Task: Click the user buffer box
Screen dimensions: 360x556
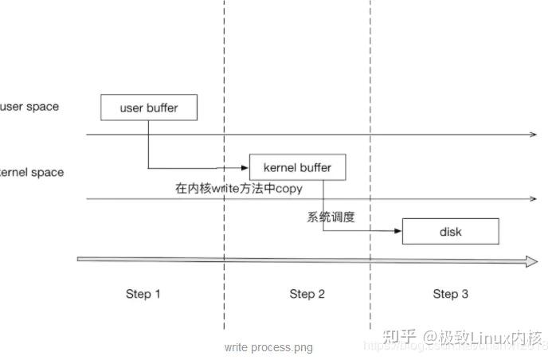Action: (148, 108)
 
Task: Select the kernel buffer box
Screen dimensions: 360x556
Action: (297, 167)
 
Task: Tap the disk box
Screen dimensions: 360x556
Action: (450, 232)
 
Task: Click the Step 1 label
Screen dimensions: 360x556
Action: (143, 294)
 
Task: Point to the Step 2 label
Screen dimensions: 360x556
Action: (307, 294)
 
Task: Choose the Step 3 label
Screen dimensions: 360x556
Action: (450, 294)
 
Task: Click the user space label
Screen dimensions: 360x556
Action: (29, 107)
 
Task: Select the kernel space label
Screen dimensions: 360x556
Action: (32, 172)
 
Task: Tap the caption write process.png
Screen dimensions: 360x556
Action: (268, 347)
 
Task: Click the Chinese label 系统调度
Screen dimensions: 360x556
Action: (331, 216)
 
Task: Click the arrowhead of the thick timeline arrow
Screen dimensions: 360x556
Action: (531, 260)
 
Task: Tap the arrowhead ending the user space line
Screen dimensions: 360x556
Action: (534, 135)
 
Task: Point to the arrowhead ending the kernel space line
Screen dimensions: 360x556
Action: (534, 199)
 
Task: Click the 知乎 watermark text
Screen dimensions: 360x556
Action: (398, 337)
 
